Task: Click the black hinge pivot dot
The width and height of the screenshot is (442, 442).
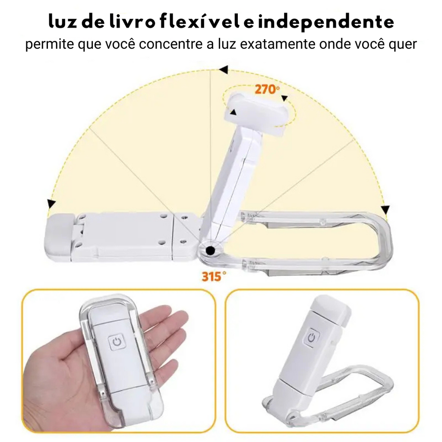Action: point(211,249)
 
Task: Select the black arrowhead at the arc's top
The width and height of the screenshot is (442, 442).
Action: point(223,69)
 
